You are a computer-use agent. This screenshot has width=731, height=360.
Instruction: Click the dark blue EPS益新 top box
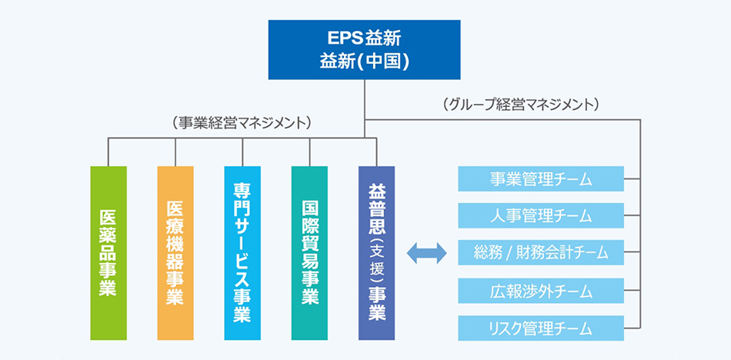coord(364,49)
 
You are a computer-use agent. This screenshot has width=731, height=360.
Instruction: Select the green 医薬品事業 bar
coord(108,253)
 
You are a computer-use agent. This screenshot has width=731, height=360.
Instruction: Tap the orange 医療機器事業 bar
coord(175,253)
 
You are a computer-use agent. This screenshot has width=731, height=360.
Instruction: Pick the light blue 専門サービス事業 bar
coord(242,253)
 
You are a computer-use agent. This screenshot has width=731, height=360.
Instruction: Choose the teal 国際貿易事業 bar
coord(309,253)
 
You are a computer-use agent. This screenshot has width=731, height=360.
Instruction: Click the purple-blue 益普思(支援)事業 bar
coord(377,253)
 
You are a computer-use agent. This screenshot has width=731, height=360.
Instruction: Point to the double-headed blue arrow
coord(426,253)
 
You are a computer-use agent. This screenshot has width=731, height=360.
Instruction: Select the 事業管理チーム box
coord(541,178)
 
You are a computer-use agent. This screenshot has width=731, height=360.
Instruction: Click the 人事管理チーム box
coord(541,215)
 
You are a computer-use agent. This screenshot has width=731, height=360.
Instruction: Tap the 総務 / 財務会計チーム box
coord(541,253)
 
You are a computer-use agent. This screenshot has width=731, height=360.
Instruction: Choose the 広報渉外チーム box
coord(541,291)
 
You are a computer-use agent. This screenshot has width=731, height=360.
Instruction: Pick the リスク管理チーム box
coord(541,328)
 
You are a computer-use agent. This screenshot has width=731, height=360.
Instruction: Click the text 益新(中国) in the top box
coord(364,61)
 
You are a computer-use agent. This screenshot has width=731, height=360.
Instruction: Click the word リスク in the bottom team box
coord(503,328)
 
